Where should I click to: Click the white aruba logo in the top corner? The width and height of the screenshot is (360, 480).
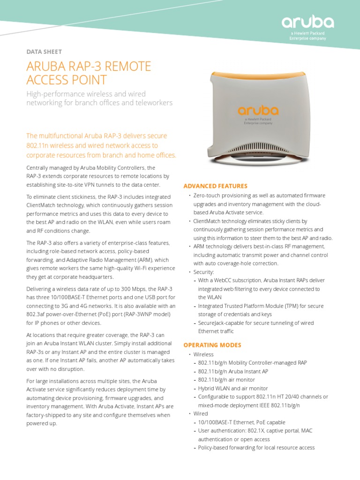click(x=307, y=22)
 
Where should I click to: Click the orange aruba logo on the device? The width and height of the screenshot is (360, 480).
click(x=258, y=111)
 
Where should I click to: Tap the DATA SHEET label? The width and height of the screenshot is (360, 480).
click(x=44, y=52)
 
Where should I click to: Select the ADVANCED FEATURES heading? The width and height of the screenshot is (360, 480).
click(x=215, y=186)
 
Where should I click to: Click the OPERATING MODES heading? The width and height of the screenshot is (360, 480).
click(x=212, y=345)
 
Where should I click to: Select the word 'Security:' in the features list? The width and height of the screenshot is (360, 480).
click(x=204, y=272)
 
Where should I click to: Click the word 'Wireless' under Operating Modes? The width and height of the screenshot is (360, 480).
click(x=203, y=354)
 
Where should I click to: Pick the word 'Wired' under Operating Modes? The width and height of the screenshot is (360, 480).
click(x=201, y=414)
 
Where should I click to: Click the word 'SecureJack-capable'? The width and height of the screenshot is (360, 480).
click(x=220, y=323)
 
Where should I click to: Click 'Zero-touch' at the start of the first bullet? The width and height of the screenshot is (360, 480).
click(x=208, y=195)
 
